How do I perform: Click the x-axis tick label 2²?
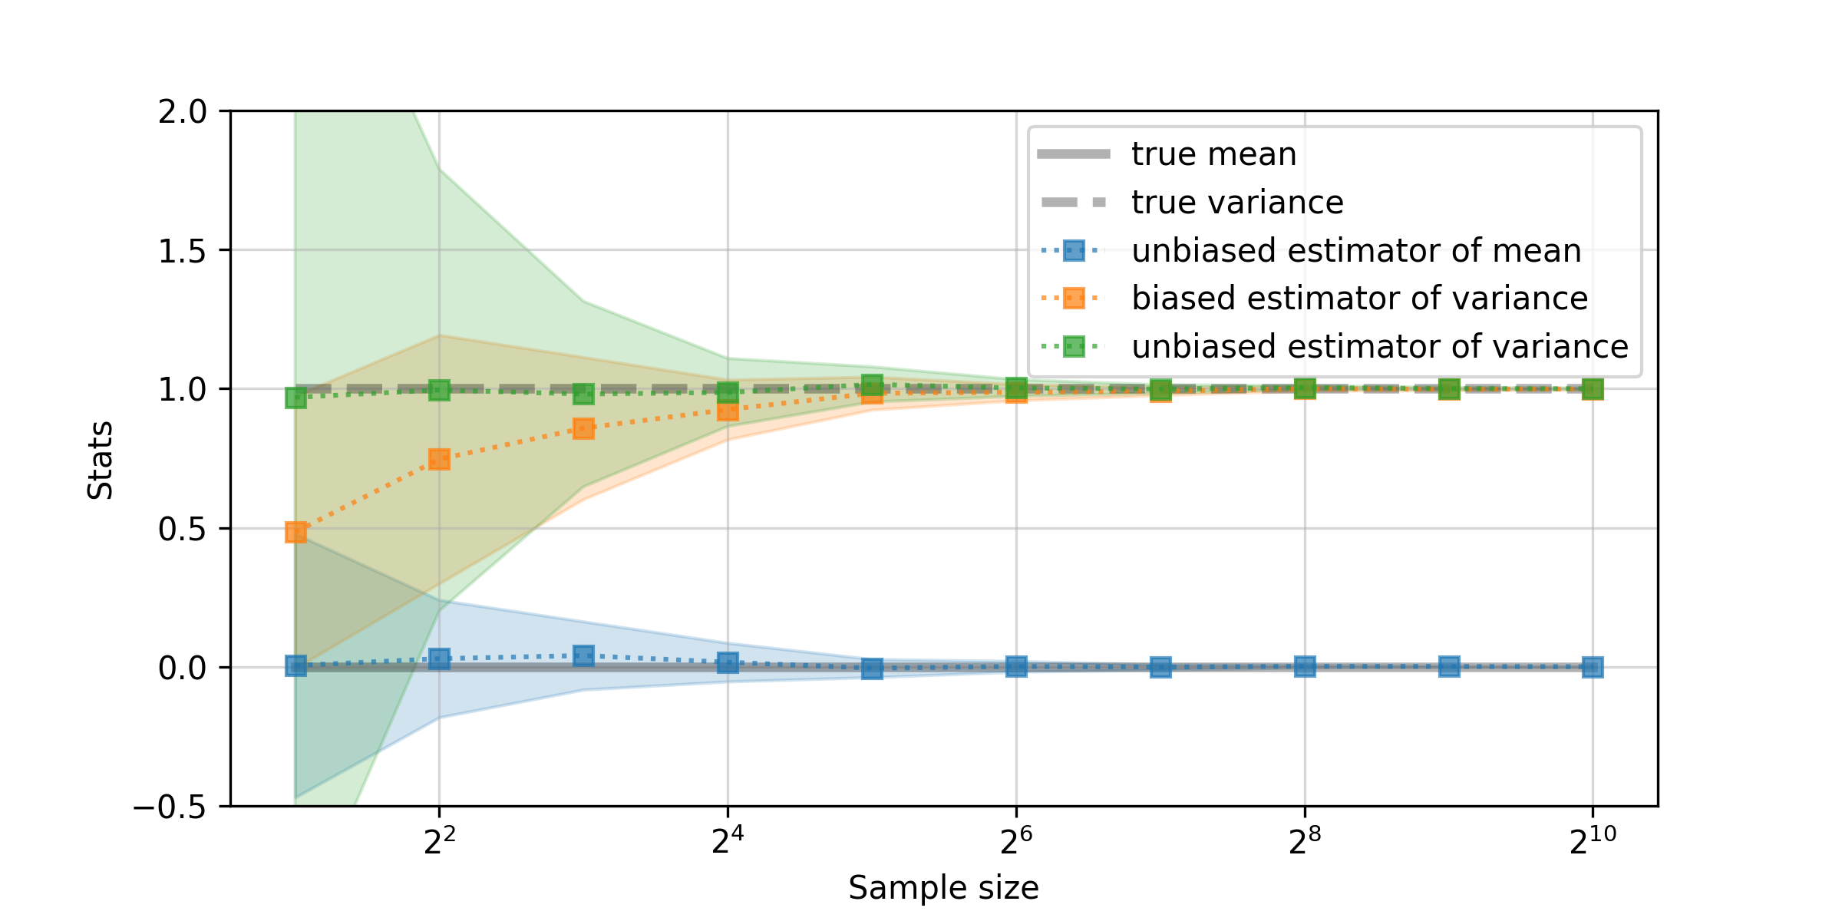(x=439, y=842)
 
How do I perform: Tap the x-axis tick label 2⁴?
(x=728, y=842)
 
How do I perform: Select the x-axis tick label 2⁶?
(x=1016, y=842)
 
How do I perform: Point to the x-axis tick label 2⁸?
(x=1305, y=842)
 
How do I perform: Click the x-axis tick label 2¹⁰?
(x=1593, y=842)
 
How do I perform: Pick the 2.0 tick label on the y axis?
(x=183, y=112)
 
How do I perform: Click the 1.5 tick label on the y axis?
(x=183, y=251)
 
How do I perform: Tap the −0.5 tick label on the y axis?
(x=170, y=807)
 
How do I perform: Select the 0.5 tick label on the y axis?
(x=183, y=530)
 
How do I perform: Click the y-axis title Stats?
(x=101, y=460)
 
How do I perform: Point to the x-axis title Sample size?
(x=943, y=888)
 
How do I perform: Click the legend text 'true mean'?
(x=1213, y=154)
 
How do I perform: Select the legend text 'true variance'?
(x=1237, y=203)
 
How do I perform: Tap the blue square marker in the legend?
(x=1074, y=250)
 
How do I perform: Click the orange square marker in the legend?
(x=1074, y=298)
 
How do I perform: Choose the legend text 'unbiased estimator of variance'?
(x=1379, y=347)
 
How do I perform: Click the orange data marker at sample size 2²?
(x=439, y=459)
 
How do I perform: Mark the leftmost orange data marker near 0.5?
(x=295, y=532)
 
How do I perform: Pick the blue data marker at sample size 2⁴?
(x=728, y=662)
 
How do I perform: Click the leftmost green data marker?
(x=295, y=398)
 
